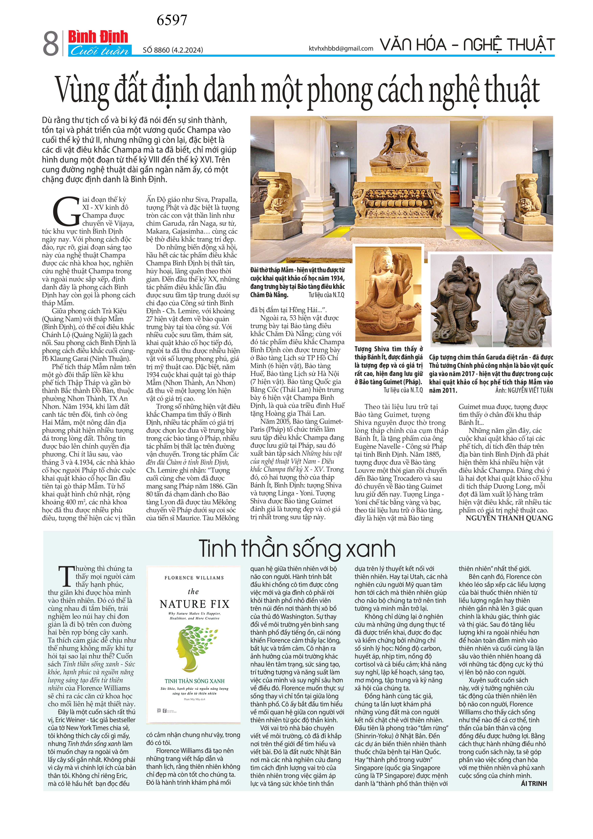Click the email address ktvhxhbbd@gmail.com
[341, 48]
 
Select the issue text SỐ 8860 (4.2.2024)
[173, 50]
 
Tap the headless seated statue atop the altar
[400, 150]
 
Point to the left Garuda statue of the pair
[461, 300]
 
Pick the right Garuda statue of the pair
[522, 300]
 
